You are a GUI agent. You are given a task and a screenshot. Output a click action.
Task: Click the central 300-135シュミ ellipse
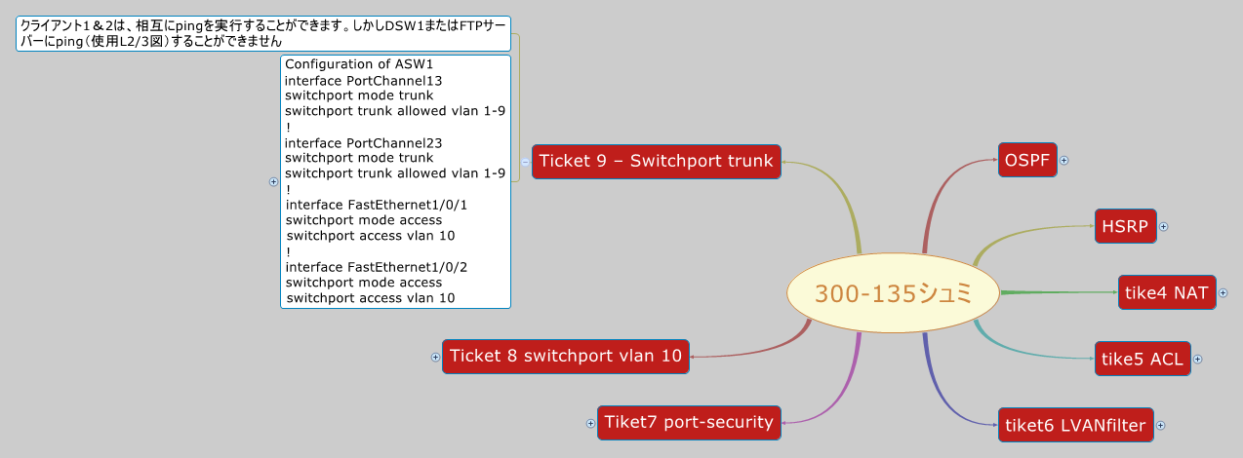[x=894, y=293]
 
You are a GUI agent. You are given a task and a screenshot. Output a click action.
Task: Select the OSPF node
[x=1028, y=161]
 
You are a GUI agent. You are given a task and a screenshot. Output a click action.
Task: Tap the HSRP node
[x=1125, y=226]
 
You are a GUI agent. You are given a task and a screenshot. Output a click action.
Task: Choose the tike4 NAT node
[x=1166, y=292]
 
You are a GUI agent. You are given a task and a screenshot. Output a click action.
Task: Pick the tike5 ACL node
[x=1141, y=359]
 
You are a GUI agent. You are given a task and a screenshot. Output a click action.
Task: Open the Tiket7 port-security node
[x=689, y=422]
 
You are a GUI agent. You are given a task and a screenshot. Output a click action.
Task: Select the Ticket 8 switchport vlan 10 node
[x=566, y=357]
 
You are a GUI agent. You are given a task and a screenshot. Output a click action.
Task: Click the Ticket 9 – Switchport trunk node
[x=656, y=161]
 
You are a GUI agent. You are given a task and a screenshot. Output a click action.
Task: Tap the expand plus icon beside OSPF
[x=1064, y=161]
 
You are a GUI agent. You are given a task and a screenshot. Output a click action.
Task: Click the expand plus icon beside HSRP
[x=1163, y=226]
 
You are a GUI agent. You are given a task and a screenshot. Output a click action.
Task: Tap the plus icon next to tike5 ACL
[x=1198, y=359]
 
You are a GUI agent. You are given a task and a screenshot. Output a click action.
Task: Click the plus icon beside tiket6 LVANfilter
[x=1160, y=425]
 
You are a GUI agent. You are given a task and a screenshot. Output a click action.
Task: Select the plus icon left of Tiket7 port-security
[x=590, y=423]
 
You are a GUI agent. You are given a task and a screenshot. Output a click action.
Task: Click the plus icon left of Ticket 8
[x=436, y=358]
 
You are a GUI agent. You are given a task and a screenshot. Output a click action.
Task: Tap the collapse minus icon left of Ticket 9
[x=525, y=162]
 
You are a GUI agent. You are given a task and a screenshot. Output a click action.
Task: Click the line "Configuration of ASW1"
[x=344, y=64]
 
